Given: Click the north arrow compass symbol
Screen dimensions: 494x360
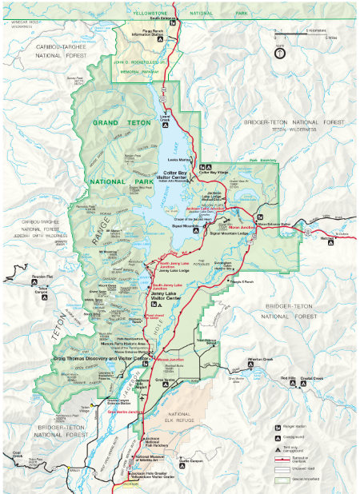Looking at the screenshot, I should [x=278, y=54].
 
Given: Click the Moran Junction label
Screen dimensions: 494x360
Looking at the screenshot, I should [x=241, y=227].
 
